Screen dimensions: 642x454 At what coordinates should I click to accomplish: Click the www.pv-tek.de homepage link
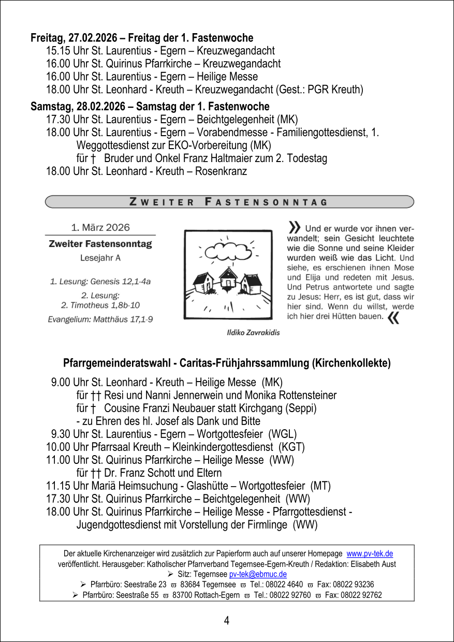point(370,553)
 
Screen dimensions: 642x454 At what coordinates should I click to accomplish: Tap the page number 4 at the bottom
point(227,620)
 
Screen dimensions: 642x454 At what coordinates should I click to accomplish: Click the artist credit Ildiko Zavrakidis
point(254,332)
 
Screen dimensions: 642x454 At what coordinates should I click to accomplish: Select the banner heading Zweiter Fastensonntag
point(229,202)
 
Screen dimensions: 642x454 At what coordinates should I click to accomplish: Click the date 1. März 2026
point(100,227)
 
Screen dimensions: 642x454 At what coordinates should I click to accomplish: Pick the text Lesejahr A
point(100,258)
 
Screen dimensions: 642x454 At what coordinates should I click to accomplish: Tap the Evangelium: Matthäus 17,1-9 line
point(100,319)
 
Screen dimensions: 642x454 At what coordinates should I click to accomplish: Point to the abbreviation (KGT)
point(292,446)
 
